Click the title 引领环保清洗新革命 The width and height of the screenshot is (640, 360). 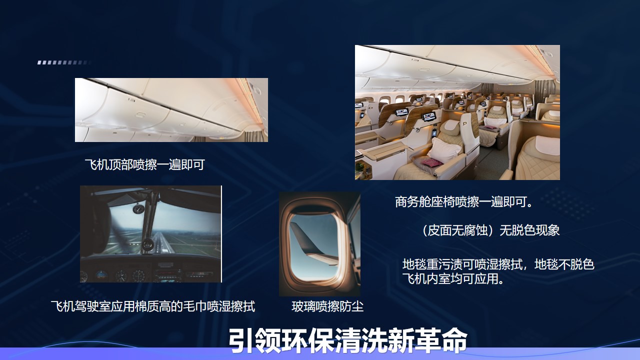[x=347, y=340]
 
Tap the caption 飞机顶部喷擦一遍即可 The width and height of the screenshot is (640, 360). [x=145, y=164]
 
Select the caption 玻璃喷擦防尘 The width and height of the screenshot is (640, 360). [x=327, y=306]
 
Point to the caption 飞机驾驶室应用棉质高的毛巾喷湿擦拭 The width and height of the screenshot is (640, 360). [x=153, y=306]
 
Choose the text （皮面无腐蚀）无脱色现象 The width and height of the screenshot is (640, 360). [x=490, y=230]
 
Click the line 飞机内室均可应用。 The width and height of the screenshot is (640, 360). [x=453, y=279]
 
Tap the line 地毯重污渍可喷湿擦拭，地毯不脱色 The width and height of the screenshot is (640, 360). [x=498, y=264]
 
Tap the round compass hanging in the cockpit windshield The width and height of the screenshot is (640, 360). [x=138, y=209]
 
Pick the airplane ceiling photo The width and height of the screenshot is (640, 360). [x=171, y=110]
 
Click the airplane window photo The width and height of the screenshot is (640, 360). [x=319, y=244]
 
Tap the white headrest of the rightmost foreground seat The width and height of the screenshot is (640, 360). [x=547, y=145]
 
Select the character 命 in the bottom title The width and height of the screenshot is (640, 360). [x=453, y=340]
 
